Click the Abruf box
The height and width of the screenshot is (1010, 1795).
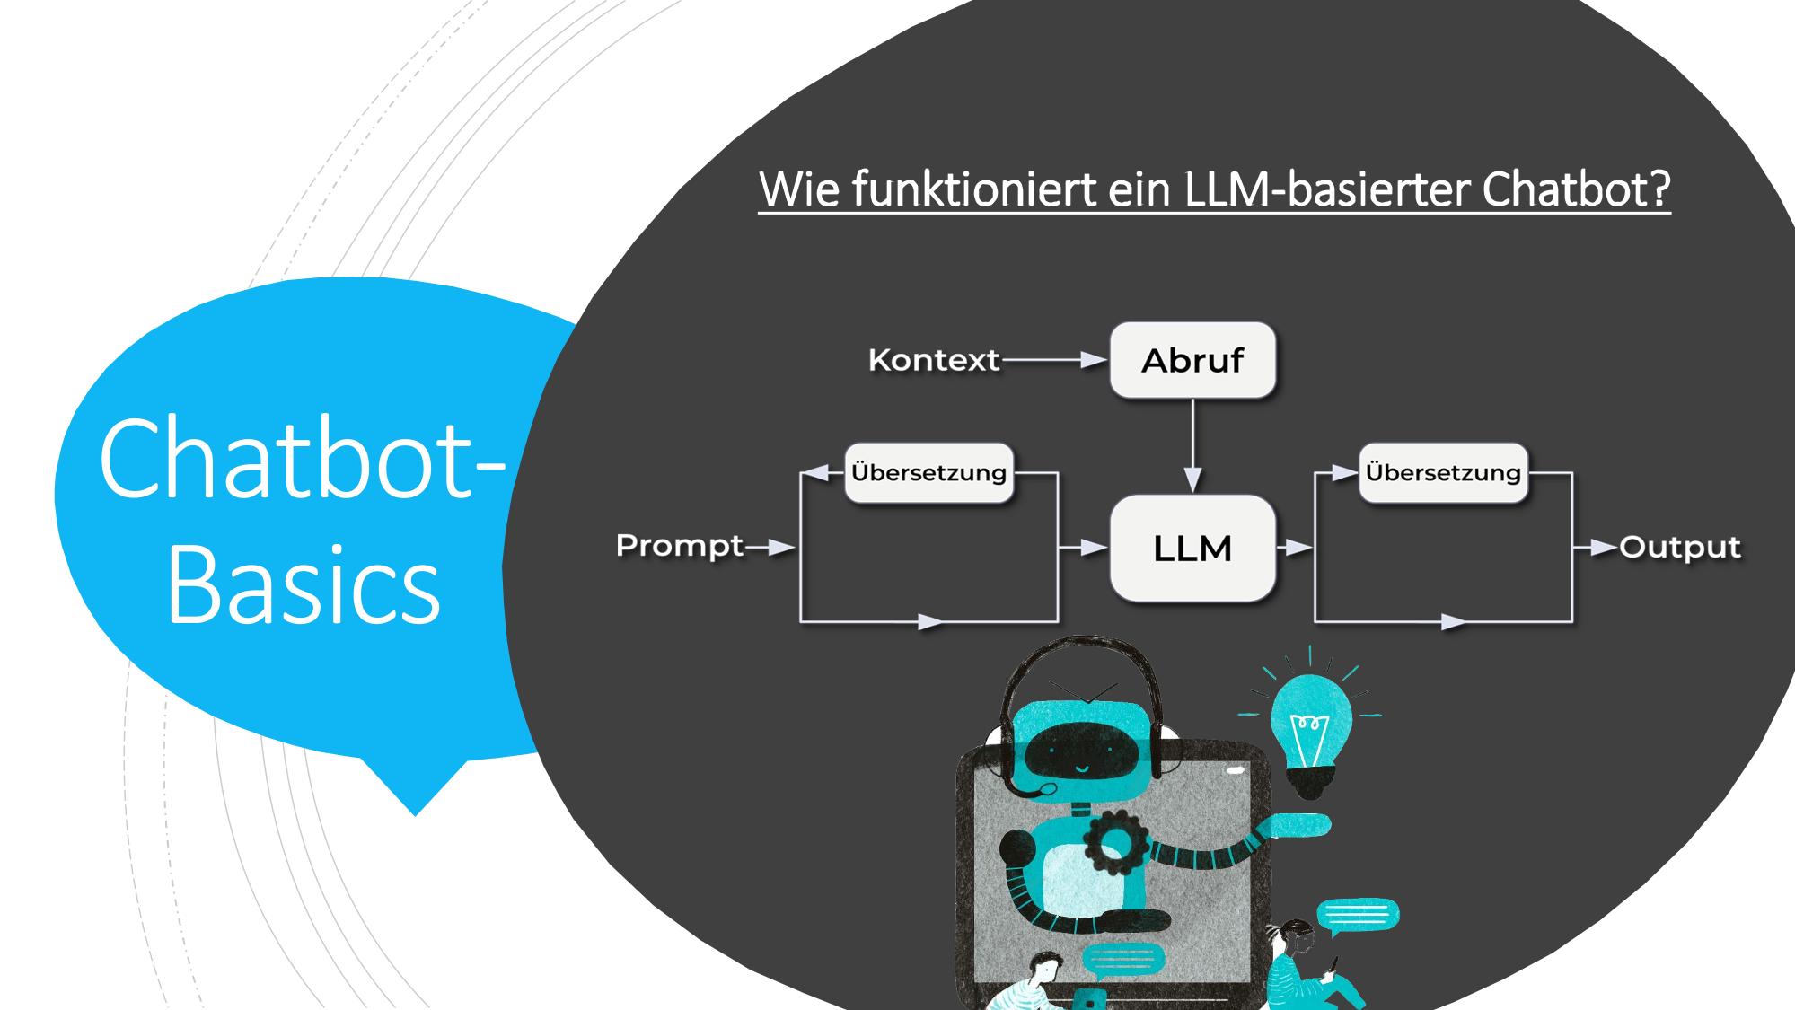[x=1192, y=360]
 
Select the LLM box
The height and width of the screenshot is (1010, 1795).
[x=1192, y=548]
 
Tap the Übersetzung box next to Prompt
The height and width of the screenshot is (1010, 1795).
[x=928, y=472]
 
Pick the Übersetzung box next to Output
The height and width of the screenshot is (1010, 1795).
[x=1443, y=472]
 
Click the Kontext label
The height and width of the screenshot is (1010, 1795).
[x=934, y=360]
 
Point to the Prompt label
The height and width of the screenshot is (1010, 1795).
[x=680, y=546]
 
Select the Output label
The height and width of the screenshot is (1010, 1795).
[x=1680, y=547]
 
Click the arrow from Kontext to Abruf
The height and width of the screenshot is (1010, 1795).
[x=1054, y=360]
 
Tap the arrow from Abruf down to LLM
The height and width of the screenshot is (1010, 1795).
[x=1192, y=446]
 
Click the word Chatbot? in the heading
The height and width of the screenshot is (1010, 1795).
[x=1577, y=189]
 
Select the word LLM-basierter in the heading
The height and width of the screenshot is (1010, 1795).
[x=1327, y=189]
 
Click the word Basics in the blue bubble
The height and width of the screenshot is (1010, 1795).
[x=304, y=584]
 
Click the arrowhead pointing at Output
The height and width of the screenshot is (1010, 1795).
[x=1605, y=547]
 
